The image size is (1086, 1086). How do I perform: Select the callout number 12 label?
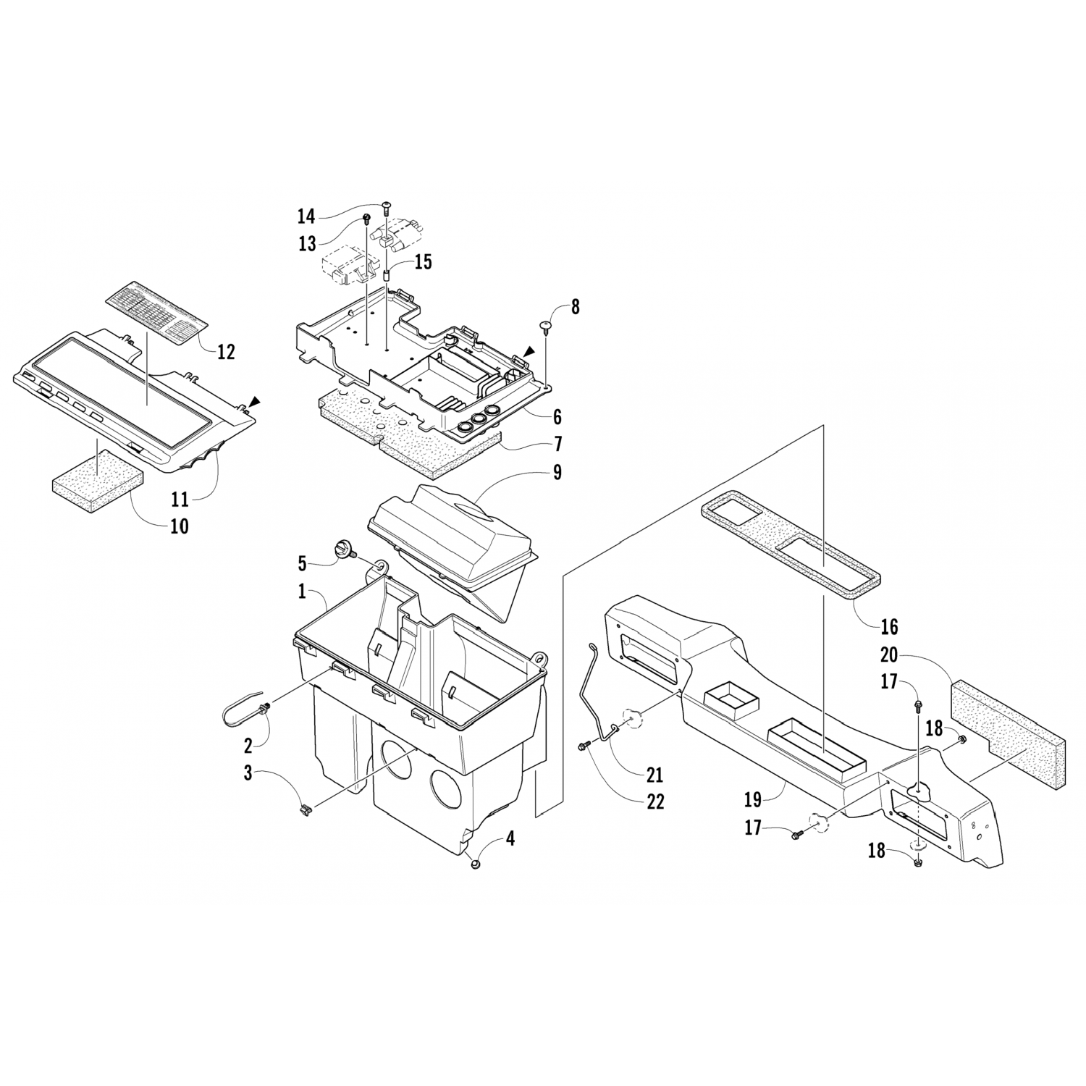226,352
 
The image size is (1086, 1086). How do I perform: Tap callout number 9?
557,472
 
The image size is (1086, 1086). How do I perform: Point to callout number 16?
889,626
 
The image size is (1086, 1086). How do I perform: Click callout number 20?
889,655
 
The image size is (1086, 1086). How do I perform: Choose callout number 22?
655,801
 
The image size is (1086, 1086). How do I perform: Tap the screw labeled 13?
366,218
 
